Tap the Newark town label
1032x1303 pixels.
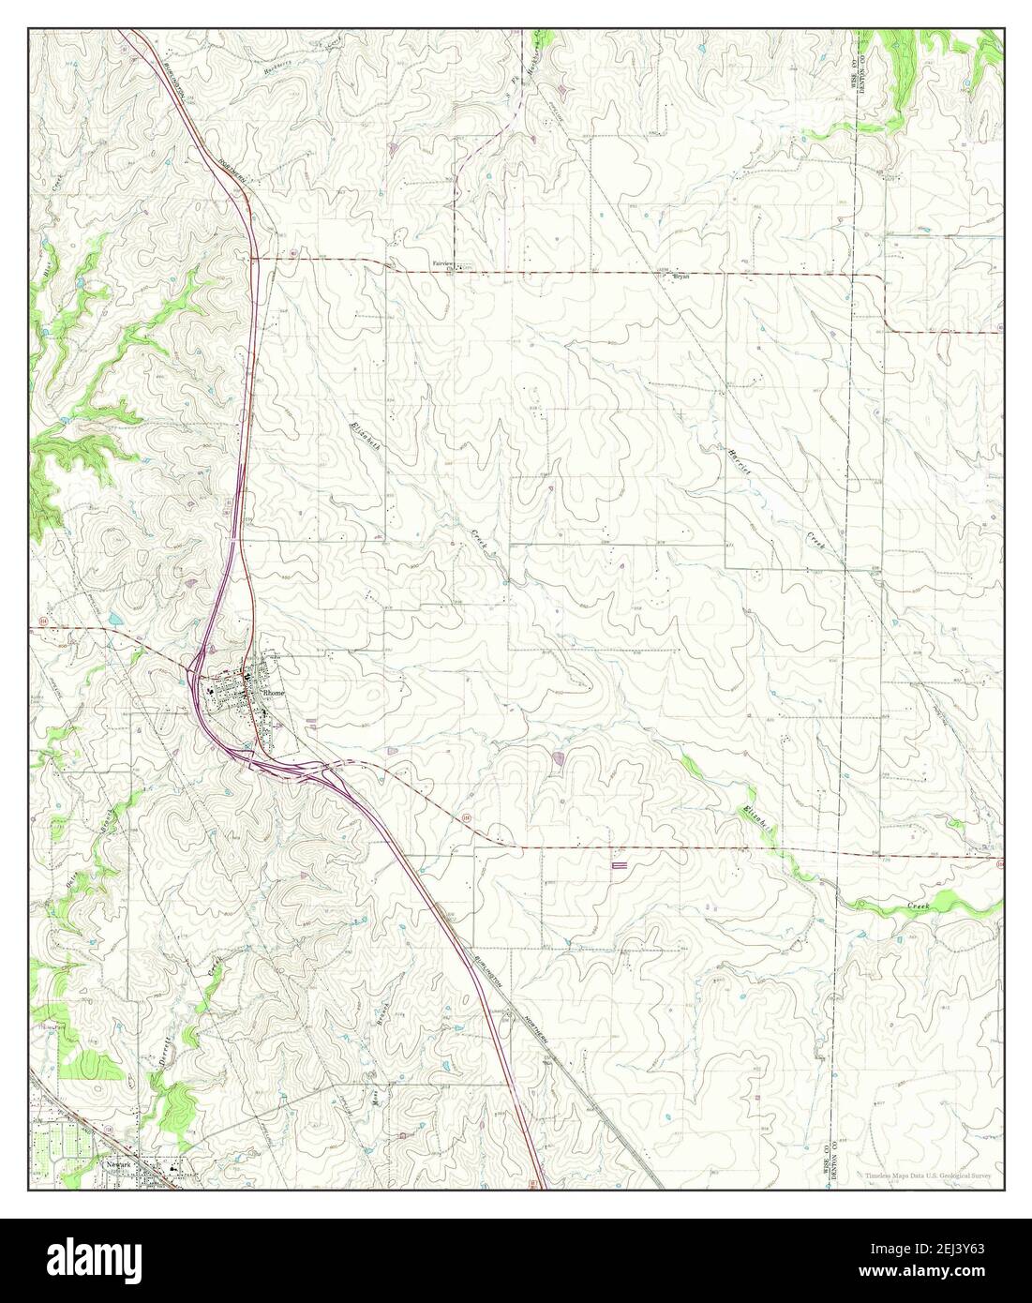[x=114, y=1165]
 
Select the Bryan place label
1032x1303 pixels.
[x=681, y=277]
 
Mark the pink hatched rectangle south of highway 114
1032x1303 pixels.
[x=620, y=868]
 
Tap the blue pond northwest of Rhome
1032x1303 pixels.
[x=114, y=620]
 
